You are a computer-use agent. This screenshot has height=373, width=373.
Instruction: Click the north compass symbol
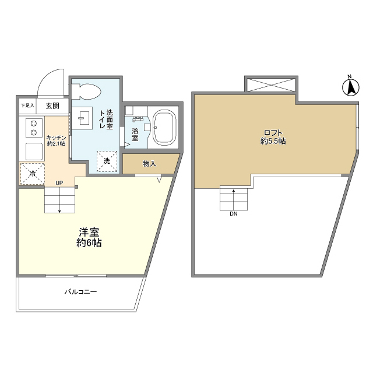[350, 87]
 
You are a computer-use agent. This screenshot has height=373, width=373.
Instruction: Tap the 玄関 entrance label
[52, 106]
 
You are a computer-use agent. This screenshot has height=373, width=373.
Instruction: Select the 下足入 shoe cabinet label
[27, 106]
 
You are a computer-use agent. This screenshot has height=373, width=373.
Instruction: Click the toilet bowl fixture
[87, 92]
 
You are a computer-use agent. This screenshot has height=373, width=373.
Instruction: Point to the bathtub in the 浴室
[166, 128]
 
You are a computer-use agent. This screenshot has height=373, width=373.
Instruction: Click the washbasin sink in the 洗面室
[83, 118]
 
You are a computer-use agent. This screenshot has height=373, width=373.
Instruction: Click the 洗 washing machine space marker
[107, 161]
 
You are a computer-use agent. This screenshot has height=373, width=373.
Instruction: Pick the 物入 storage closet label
[149, 164]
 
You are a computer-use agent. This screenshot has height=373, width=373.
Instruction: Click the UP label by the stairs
[59, 183]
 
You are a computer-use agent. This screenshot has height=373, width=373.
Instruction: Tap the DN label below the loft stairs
[233, 214]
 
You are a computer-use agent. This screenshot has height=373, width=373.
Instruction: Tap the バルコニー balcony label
[80, 292]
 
